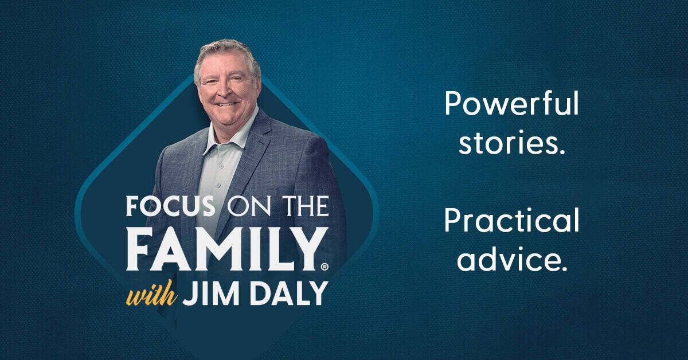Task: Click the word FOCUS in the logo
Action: click(x=170, y=206)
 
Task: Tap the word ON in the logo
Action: click(x=249, y=206)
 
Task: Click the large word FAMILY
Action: click(x=226, y=249)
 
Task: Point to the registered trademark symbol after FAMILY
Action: click(x=325, y=267)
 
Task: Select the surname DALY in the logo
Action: click(x=289, y=293)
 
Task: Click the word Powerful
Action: click(x=511, y=103)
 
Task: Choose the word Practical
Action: click(x=511, y=220)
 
